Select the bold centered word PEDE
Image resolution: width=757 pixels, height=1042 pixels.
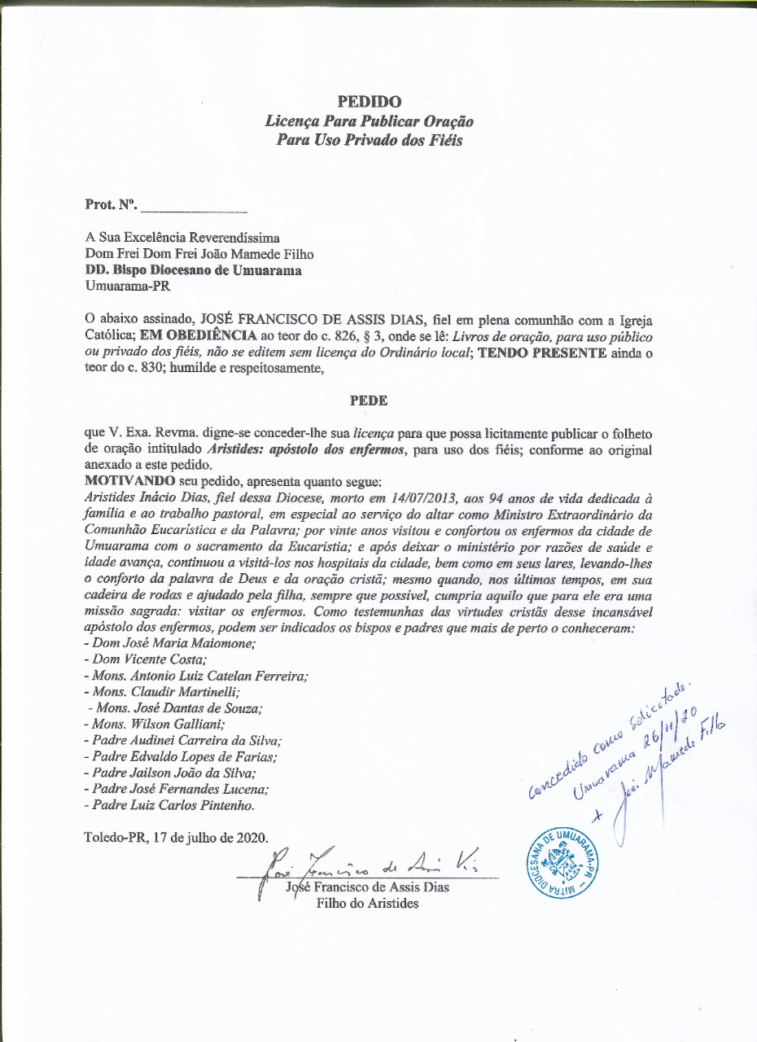[369, 401]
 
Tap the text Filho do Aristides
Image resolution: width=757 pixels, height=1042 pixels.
[368, 904]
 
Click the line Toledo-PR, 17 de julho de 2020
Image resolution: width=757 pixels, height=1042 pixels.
[175, 838]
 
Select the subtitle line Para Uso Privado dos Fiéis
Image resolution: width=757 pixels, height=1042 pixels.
[369, 139]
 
